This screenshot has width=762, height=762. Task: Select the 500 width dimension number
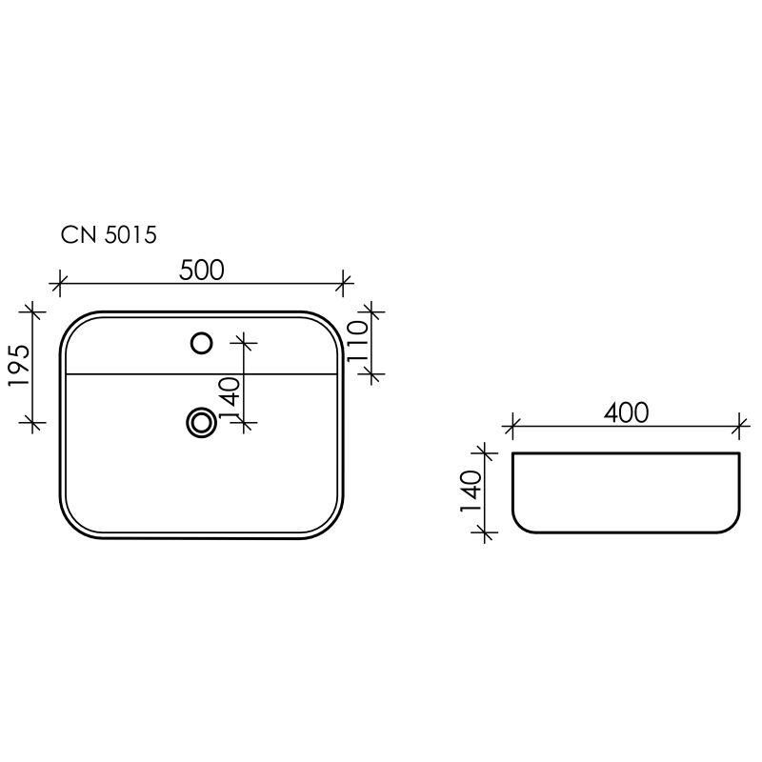202,271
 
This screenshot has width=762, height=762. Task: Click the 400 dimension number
626,412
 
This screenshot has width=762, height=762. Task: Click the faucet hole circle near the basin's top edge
201,342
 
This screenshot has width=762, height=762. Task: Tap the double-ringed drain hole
201,421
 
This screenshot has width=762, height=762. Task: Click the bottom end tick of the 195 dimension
34,421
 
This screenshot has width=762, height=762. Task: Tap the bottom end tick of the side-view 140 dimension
487,532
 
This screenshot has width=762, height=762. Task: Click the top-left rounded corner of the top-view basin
72,323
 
